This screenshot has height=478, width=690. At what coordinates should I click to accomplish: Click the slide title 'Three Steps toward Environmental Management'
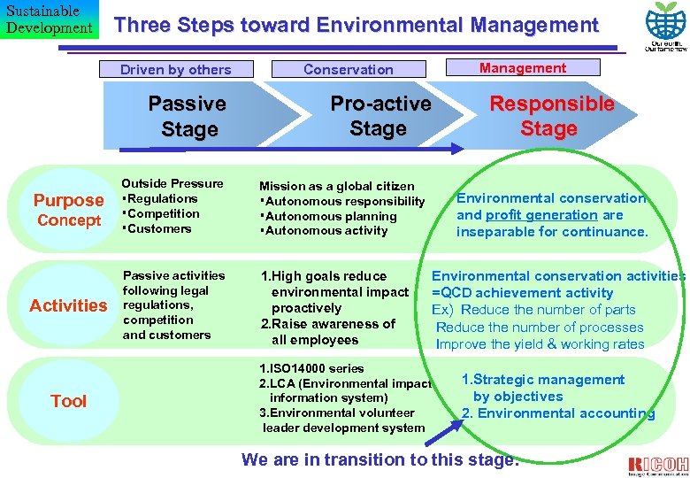coord(356,26)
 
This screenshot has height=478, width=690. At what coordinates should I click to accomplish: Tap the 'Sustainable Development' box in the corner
coord(49,19)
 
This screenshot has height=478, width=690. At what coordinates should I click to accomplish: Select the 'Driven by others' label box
coord(175,69)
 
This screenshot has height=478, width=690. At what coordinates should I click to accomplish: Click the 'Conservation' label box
coord(348,69)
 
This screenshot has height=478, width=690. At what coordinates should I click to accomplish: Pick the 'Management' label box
coord(523,67)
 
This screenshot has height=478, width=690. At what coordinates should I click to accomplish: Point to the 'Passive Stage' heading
coord(188,116)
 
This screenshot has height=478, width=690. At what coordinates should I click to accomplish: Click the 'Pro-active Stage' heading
coord(379,116)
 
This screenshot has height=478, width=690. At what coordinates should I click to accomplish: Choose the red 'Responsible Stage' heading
coord(551,116)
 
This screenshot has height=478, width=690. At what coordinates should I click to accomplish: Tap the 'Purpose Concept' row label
coord(68,209)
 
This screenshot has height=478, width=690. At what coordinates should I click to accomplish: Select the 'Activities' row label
coord(68,305)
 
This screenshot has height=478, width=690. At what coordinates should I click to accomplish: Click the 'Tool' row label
coord(68,401)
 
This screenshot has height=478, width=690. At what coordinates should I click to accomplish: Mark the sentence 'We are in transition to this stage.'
coord(379,459)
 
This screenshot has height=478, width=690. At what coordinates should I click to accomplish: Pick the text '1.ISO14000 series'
coord(311,368)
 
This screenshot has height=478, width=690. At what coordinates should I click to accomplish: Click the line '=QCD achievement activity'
coord(522,293)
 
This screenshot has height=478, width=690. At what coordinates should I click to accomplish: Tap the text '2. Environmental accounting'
coord(558,413)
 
